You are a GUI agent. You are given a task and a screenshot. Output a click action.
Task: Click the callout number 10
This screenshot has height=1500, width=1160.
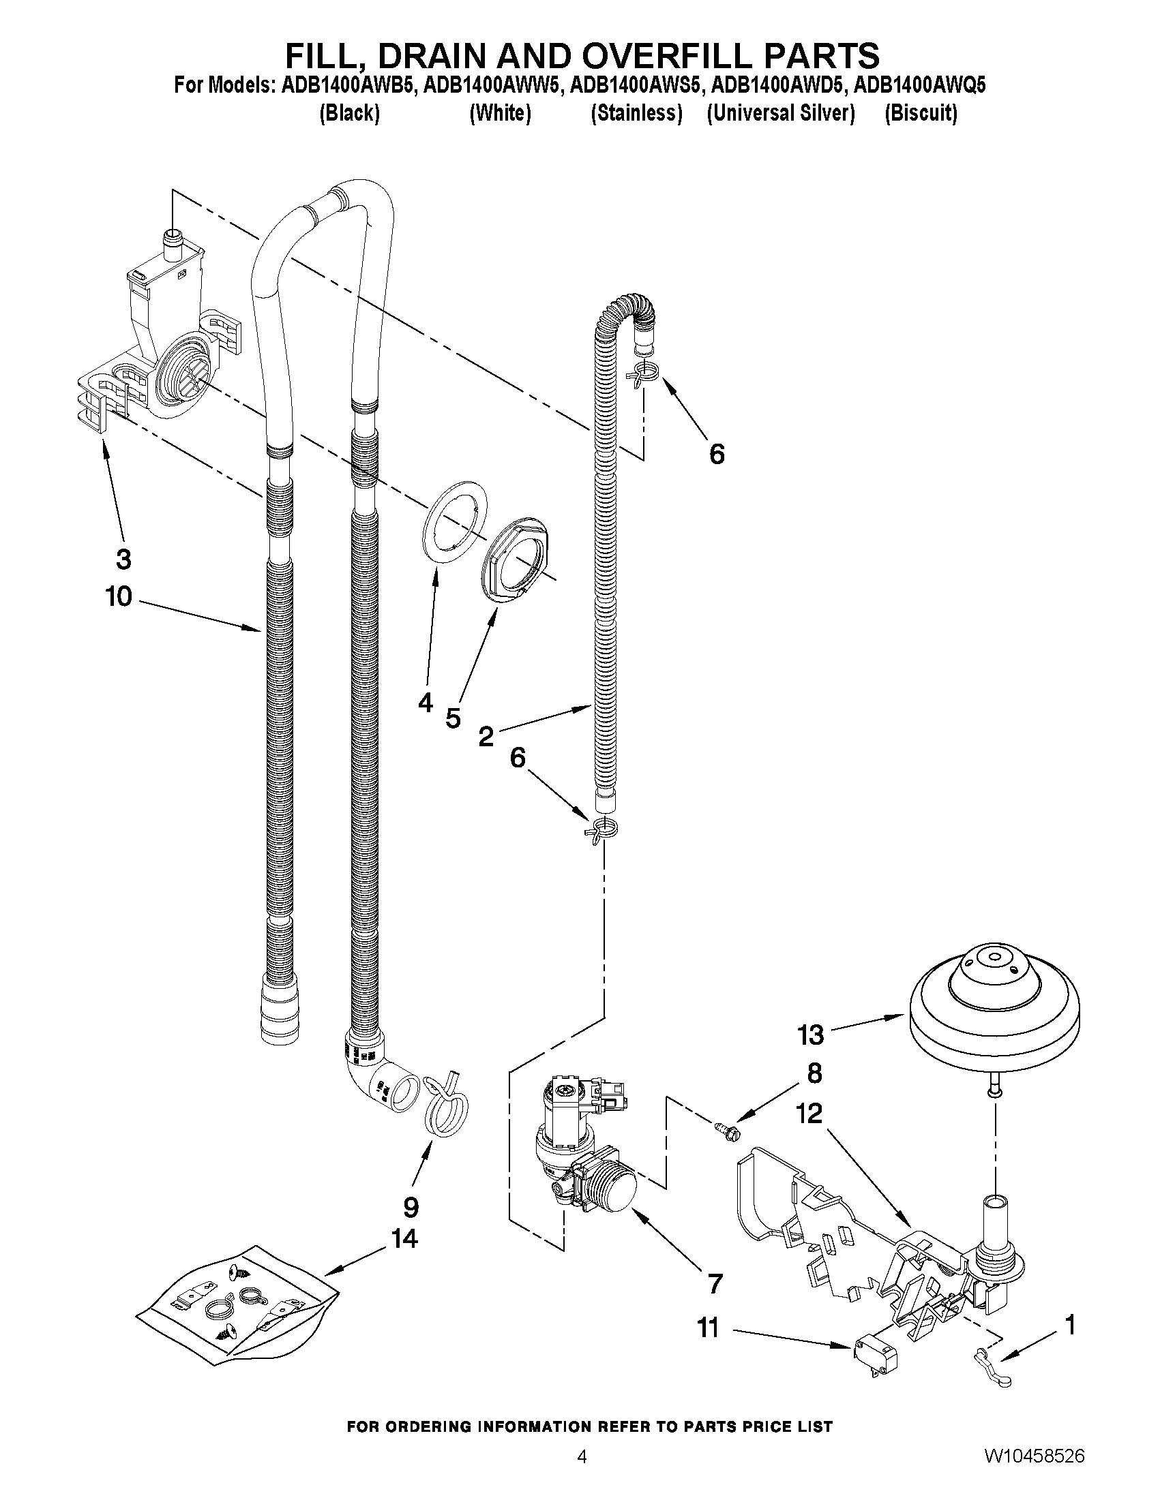coord(118,596)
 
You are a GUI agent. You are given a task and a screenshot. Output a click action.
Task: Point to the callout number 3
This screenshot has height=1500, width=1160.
coord(123,559)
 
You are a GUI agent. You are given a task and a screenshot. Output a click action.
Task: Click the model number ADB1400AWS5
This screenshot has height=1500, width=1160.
coord(636,86)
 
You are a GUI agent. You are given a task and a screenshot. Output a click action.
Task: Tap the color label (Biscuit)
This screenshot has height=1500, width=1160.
coord(920,113)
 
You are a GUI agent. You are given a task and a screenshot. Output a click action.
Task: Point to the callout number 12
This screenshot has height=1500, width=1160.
coord(810,1113)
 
